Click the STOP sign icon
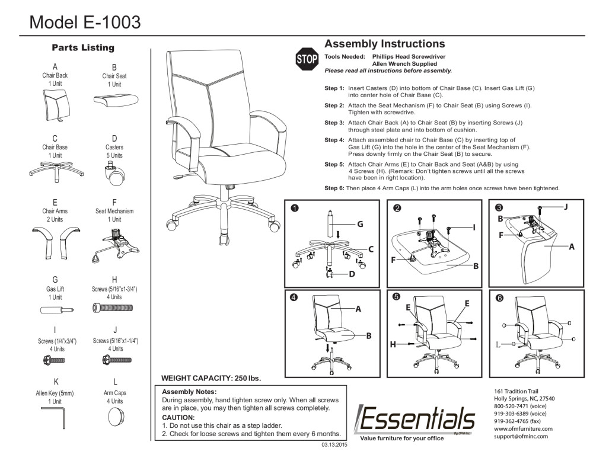(307, 59)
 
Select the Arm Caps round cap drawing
(114, 417)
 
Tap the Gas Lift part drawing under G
(56, 310)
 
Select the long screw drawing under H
(114, 308)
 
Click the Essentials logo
(415, 419)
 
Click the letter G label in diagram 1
(359, 224)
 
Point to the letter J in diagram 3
(565, 207)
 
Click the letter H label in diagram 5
(393, 344)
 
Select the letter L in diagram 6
(498, 344)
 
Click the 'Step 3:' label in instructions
(334, 123)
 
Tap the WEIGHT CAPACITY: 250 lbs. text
(211, 378)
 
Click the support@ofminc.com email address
(521, 436)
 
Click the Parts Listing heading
(83, 47)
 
